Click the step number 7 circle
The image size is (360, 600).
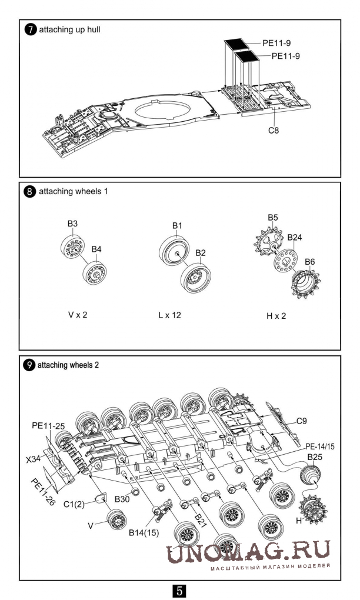click(30, 29)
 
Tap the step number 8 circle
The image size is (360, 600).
click(30, 191)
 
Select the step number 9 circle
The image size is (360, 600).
click(29, 365)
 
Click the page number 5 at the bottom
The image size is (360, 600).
click(179, 591)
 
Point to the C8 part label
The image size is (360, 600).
click(273, 131)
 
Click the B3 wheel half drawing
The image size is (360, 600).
click(72, 246)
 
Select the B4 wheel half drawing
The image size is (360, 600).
click(95, 272)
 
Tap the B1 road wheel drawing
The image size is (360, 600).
click(174, 250)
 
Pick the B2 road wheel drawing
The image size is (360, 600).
click(196, 278)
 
